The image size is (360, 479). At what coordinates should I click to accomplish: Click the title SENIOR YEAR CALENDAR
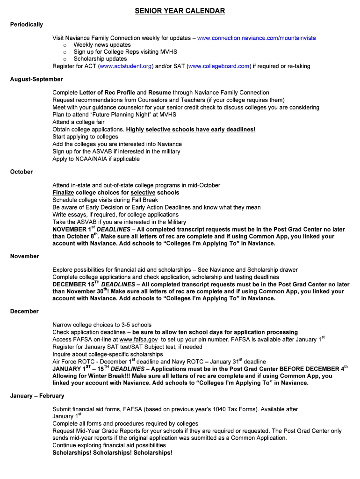180,11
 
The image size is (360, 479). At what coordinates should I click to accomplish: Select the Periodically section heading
27,24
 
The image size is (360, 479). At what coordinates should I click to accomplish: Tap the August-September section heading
36,79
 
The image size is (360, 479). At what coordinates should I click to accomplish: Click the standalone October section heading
22,172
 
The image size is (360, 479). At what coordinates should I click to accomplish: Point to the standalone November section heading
25,256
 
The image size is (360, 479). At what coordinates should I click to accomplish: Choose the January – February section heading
37,396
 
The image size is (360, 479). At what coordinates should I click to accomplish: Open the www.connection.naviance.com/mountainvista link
257,37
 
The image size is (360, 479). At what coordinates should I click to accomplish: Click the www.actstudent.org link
126,66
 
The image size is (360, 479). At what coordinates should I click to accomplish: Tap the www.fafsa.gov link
138,340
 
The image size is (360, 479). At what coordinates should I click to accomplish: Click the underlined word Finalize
63,193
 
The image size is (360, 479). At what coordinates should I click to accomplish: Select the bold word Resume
159,93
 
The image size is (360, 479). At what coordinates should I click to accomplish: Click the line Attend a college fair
80,122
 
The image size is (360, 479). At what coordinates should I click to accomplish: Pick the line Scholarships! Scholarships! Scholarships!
112,453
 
